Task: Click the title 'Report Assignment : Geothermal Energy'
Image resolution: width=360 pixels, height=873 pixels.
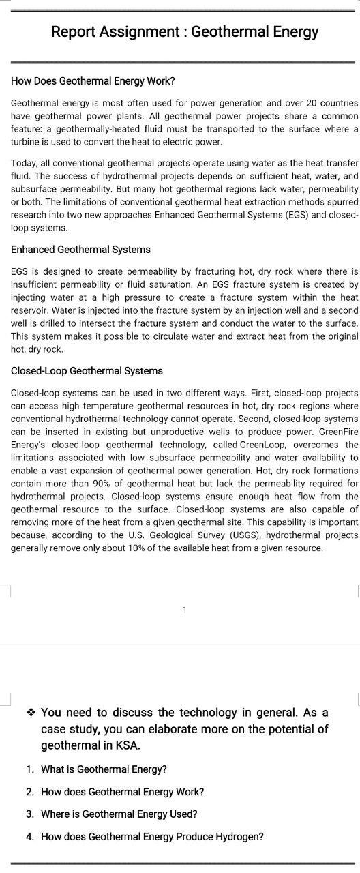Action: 184,32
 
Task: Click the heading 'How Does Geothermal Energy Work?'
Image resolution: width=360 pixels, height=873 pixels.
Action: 93,81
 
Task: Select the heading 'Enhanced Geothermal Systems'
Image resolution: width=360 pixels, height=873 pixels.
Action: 80,250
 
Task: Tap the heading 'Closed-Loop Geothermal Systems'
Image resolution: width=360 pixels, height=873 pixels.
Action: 87,371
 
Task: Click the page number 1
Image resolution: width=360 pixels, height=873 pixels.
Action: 184,610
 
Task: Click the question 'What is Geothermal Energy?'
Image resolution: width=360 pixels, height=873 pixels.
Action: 104,769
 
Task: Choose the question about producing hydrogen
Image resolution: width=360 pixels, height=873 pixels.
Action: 152,837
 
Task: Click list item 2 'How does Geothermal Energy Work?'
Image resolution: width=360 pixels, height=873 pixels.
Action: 122,792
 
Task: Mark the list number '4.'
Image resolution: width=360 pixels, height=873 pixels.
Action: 30,837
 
